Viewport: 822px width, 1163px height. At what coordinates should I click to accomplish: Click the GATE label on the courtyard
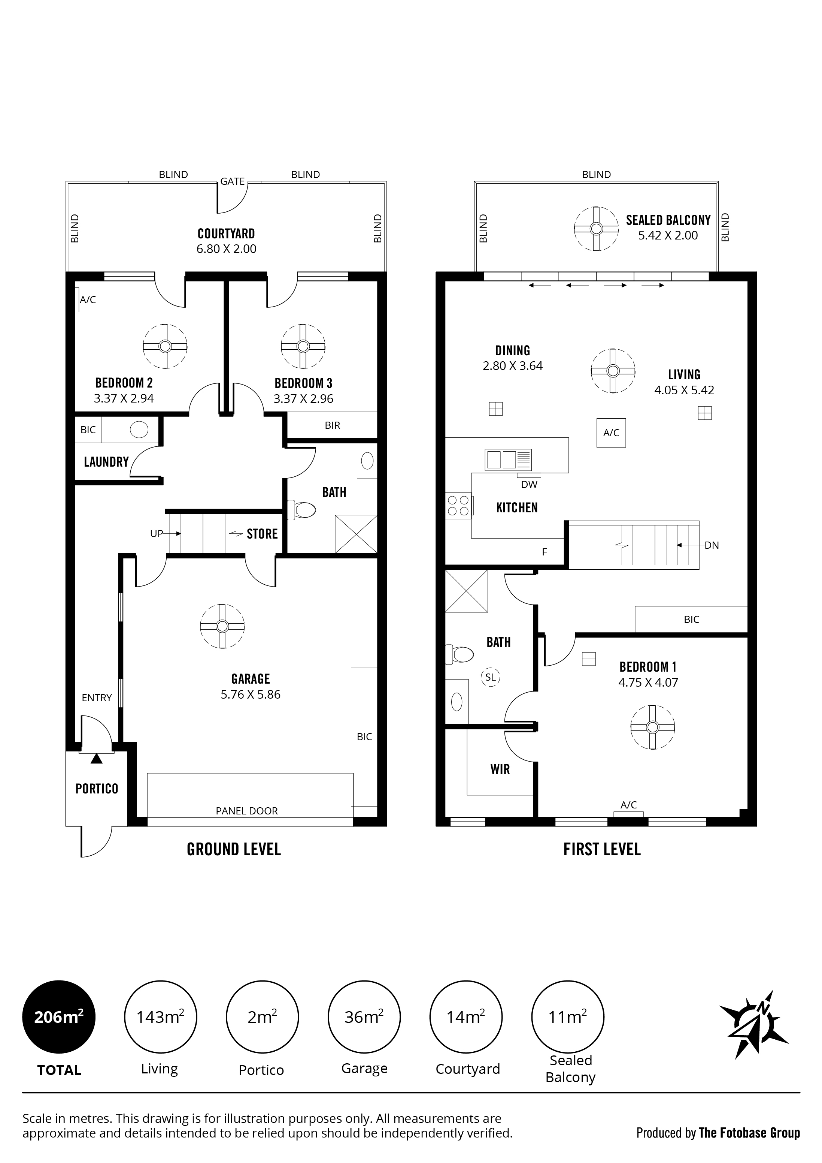(x=232, y=181)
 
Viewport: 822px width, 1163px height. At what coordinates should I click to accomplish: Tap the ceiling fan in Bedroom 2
(x=165, y=346)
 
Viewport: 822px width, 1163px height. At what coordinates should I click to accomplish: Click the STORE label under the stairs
(x=262, y=534)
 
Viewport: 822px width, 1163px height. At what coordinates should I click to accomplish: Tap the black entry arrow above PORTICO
(x=96, y=758)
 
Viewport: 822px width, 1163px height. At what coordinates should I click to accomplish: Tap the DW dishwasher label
(x=529, y=485)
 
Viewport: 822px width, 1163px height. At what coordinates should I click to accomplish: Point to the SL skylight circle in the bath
(x=490, y=677)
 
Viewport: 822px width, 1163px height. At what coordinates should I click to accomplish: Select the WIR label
(x=500, y=769)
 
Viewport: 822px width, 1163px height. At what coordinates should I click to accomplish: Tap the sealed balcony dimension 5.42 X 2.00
(x=668, y=235)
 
